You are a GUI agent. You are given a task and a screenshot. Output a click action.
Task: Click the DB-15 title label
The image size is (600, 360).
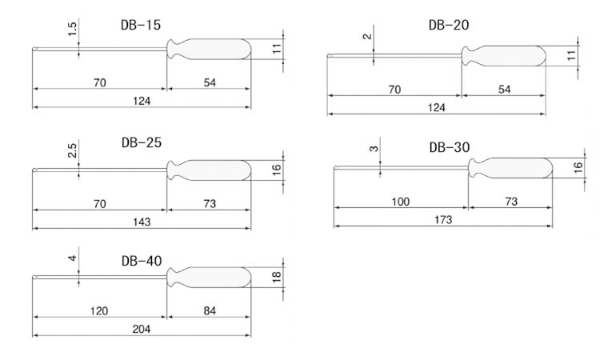(x=141, y=26)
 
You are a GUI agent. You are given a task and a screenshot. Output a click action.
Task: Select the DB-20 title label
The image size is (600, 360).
(x=449, y=26)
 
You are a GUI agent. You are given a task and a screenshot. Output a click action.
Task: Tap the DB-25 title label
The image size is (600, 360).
(x=142, y=142)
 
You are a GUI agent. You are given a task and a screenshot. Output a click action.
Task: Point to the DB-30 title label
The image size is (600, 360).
(x=450, y=147)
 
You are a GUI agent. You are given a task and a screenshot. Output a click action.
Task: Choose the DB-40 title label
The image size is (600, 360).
(x=142, y=261)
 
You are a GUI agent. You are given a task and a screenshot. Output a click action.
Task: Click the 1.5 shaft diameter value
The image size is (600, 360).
(x=72, y=29)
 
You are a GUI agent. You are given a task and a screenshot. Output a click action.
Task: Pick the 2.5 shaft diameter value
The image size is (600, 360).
(x=72, y=150)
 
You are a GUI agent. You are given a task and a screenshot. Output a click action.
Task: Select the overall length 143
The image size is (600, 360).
(x=142, y=222)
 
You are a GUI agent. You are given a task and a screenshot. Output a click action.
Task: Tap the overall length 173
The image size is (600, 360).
(x=443, y=220)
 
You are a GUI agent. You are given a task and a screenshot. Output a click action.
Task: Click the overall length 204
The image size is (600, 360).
(x=142, y=329)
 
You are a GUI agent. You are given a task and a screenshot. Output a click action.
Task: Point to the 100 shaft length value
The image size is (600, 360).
(x=400, y=202)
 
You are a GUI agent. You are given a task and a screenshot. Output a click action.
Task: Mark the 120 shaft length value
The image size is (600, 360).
(x=99, y=310)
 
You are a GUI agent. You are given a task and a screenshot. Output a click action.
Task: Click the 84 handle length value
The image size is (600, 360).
(x=210, y=310)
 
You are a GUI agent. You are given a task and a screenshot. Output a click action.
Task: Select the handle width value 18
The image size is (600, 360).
(x=277, y=277)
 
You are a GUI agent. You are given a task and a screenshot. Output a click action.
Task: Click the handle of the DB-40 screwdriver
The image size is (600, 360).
(x=209, y=278)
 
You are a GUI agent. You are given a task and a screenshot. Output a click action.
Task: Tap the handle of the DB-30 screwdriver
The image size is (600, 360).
(x=510, y=168)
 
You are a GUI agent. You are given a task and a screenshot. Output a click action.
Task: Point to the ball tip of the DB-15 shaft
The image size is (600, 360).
(x=34, y=50)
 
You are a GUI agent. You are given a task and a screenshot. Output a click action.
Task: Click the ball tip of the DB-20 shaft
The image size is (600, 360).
(x=330, y=56)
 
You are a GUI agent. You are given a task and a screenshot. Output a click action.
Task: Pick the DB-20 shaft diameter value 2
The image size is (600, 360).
(x=367, y=37)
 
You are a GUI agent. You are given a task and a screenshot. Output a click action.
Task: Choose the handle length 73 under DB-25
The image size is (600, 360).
(x=210, y=203)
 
